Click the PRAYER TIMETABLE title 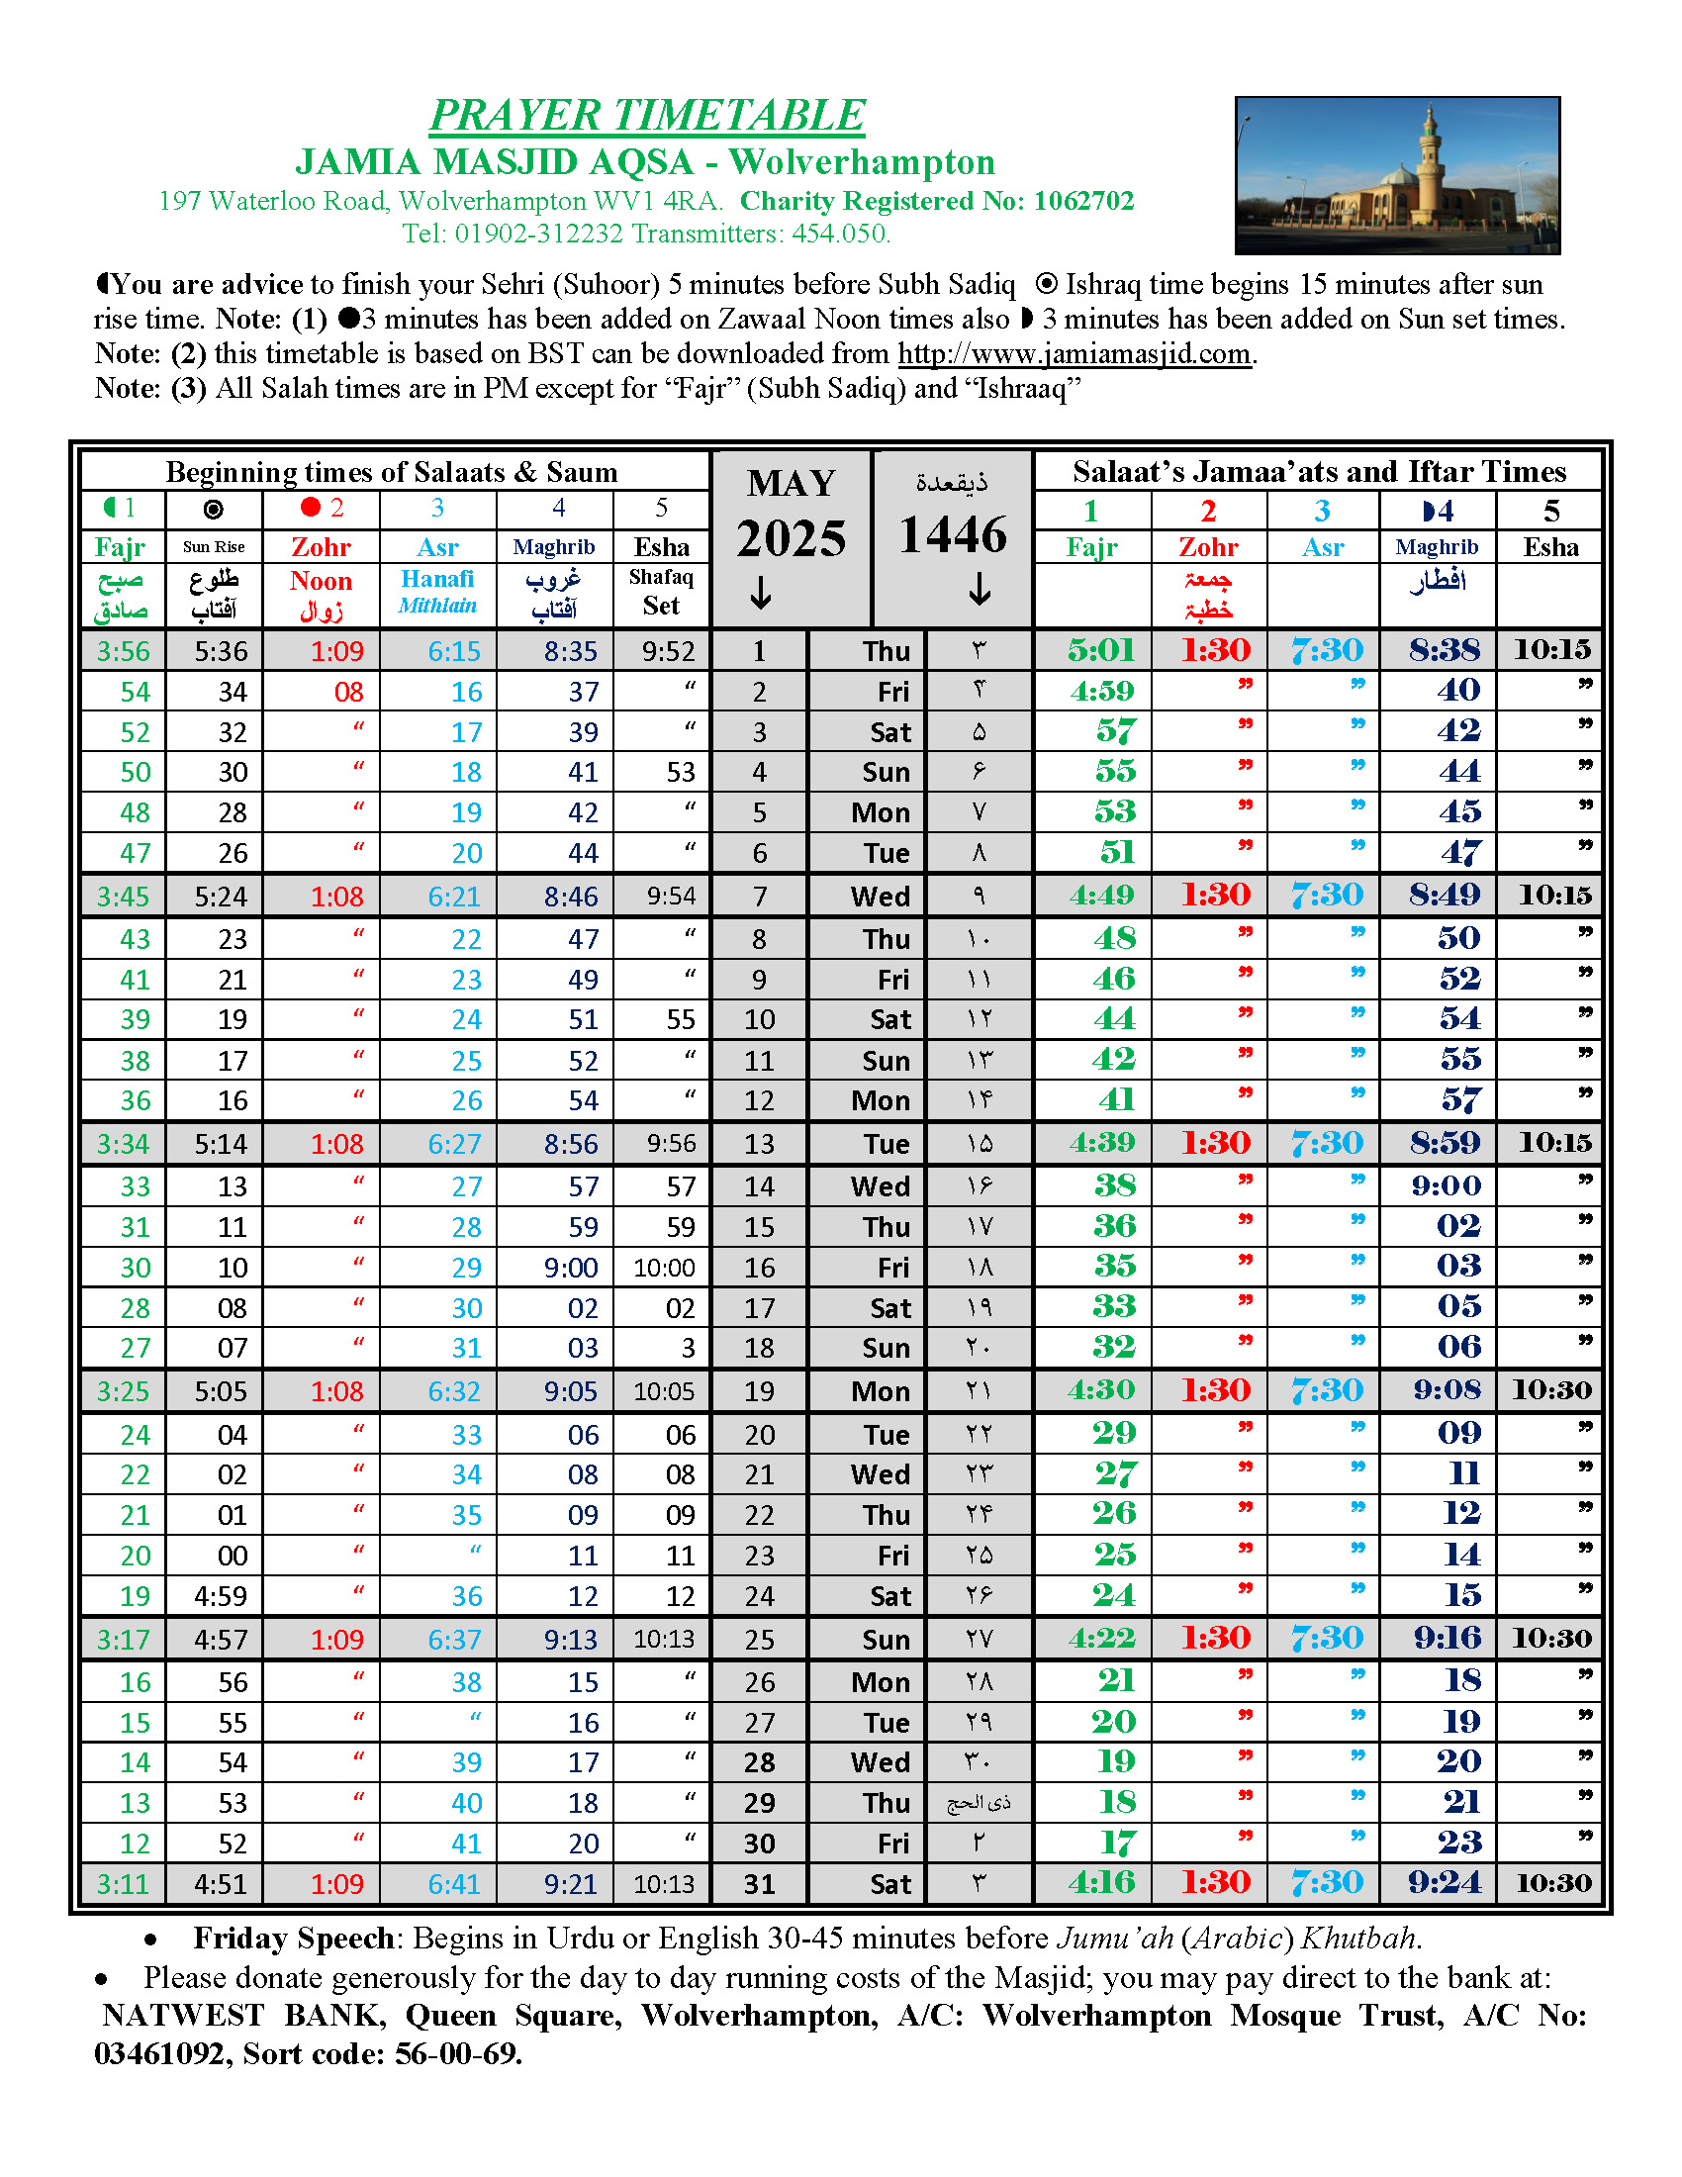tap(647, 115)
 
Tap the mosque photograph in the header tap(1396, 175)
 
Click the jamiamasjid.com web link tap(1074, 354)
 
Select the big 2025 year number tap(792, 538)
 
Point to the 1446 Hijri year tap(953, 535)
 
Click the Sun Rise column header tap(214, 546)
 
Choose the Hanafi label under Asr tap(437, 579)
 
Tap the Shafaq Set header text tap(661, 592)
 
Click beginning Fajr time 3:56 tap(123, 651)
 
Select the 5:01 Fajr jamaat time tap(1101, 650)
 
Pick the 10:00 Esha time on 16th tap(664, 1268)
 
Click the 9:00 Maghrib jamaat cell tap(1446, 1185)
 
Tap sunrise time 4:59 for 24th tap(221, 1596)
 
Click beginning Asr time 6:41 tap(454, 1884)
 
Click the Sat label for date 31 tap(889, 1884)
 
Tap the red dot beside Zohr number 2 tap(311, 508)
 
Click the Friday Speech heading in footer tap(294, 1938)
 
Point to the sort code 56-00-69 tap(458, 2053)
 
